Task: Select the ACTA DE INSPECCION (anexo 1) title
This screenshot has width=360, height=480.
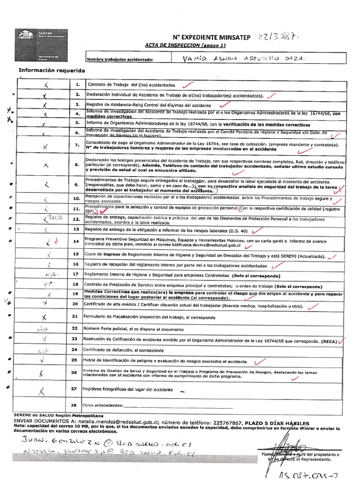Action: pos(186,45)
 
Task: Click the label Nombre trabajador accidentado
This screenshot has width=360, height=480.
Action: pos(120,60)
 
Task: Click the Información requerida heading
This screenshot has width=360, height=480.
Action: pos(52,71)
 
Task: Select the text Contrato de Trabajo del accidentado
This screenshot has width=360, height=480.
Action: pos(131,85)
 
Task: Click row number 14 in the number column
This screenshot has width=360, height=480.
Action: pos(75,241)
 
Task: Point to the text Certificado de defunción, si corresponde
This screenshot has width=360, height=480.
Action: pos(124,350)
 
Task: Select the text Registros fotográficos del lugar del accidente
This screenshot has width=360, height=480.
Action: pos(128,390)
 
